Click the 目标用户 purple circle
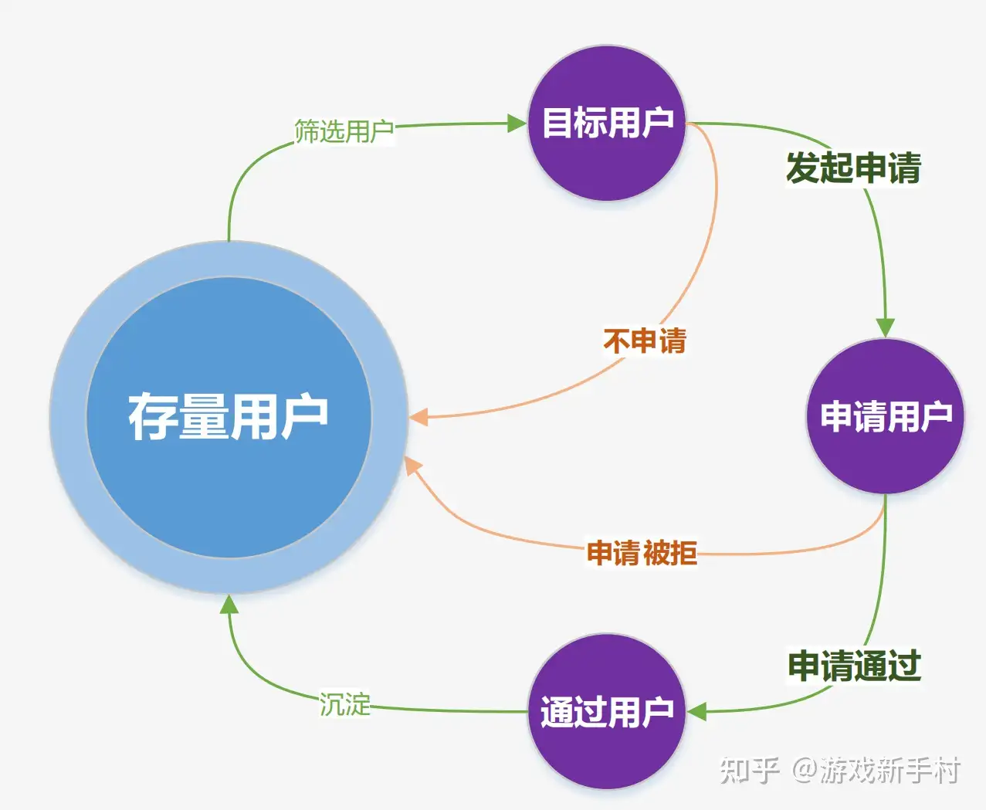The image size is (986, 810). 607,123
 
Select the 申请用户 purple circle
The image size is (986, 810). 885,415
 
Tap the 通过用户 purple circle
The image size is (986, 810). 607,711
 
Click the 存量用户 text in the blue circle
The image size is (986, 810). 229,416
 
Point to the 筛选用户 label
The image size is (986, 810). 344,130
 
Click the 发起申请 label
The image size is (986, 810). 854,168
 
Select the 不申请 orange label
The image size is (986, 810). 645,341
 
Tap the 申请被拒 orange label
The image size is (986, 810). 642,553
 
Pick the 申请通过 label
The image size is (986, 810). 855,666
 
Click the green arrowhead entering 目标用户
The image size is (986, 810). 517,124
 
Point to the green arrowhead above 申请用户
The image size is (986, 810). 885,327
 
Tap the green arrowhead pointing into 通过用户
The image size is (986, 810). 696,712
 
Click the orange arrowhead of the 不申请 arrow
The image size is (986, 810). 419,417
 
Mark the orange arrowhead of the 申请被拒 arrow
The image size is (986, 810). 412,466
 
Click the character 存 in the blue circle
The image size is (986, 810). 152,416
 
